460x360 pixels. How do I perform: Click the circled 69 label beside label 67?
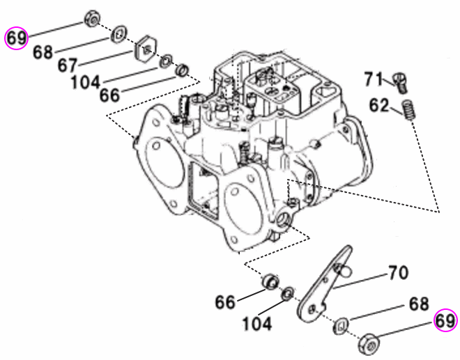click(x=17, y=38)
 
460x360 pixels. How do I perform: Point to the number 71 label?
click(x=374, y=79)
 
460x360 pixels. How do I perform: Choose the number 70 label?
click(x=398, y=273)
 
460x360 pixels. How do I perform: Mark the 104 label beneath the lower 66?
click(x=258, y=324)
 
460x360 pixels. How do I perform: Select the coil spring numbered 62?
click(x=411, y=110)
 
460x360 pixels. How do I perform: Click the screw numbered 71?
click(x=400, y=81)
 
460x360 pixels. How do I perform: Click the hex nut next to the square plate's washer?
click(x=91, y=18)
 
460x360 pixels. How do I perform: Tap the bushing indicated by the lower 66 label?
click(x=267, y=282)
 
